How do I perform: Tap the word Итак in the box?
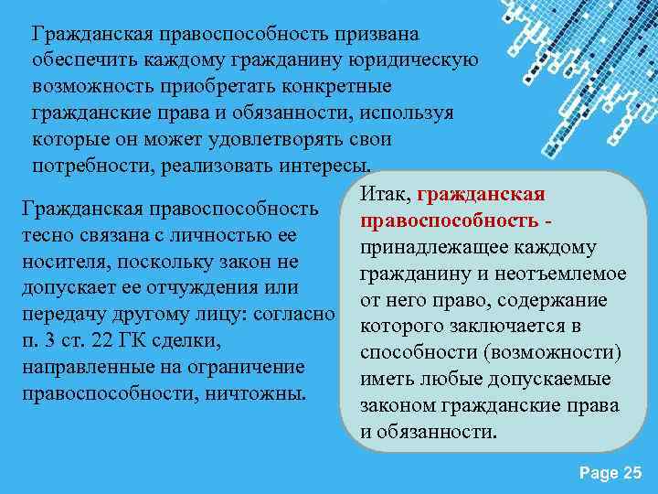click(385, 194)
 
